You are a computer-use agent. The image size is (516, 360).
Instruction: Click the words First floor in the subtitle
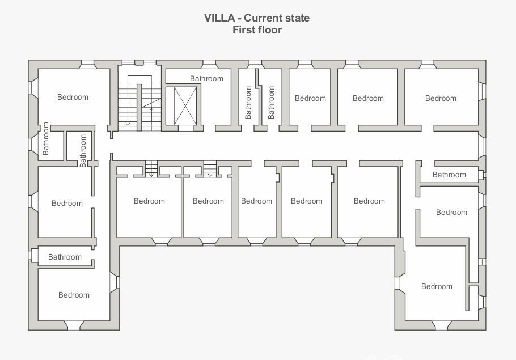click(257, 30)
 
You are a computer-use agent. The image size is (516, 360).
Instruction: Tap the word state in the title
click(296, 18)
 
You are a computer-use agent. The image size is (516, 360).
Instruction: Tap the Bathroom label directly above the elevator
click(206, 78)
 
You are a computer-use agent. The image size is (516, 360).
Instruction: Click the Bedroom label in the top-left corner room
click(73, 97)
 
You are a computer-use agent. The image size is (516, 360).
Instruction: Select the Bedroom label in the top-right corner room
click(441, 98)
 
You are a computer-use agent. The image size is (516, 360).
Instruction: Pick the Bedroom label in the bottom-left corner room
click(74, 295)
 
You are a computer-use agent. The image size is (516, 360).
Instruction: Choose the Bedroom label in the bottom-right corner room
click(437, 286)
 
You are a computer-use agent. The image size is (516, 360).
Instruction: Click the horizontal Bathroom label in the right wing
click(449, 175)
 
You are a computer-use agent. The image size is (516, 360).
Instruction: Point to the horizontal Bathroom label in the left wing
click(65, 257)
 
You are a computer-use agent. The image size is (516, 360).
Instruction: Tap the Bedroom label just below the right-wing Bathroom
click(451, 212)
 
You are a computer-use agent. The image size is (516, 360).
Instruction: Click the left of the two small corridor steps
click(151, 169)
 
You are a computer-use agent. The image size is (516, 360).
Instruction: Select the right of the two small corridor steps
click(210, 169)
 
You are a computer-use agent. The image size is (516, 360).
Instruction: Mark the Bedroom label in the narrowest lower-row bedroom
click(256, 201)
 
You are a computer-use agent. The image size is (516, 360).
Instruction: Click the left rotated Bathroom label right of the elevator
click(248, 103)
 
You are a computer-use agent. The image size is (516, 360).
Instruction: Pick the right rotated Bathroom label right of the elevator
click(271, 103)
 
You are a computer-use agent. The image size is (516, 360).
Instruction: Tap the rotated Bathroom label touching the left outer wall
click(46, 139)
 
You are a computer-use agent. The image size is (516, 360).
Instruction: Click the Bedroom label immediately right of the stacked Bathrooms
click(310, 98)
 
